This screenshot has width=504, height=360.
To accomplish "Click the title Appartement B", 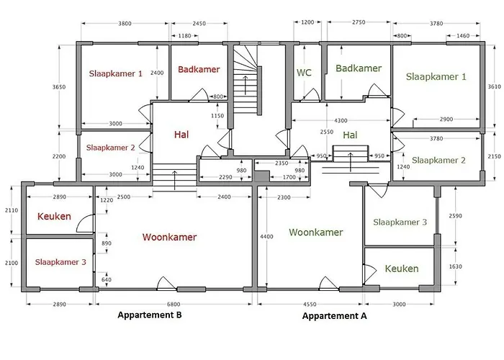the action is point(150,315).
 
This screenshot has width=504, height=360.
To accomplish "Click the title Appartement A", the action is point(334,316).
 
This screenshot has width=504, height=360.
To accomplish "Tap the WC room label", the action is point(304,73).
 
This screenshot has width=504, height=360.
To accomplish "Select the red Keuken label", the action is point(54,216).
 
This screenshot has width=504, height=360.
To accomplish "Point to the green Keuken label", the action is point(402,269).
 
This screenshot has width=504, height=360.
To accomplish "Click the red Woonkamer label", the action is point(169,237).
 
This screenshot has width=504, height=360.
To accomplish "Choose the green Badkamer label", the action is point(359,68).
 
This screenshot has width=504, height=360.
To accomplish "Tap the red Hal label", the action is point(181,135).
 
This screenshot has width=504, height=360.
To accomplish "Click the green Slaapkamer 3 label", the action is point(400,222).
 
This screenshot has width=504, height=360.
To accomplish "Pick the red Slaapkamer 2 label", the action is point(111,148).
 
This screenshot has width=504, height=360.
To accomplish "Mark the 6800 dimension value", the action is point(174,305).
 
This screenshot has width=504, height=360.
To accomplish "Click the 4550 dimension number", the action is point(310,304).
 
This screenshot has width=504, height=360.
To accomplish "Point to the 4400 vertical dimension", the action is point(266,237).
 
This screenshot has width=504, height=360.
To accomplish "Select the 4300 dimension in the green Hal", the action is point(341,120).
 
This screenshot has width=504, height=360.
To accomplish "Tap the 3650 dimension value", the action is point(59,87).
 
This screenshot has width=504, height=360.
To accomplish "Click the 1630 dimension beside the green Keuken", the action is point(455,266).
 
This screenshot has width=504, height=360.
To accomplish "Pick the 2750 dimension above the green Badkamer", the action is point(359,22).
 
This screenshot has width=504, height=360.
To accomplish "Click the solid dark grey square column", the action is point(261,177).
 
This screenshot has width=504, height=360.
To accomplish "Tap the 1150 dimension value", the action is point(217,116).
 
